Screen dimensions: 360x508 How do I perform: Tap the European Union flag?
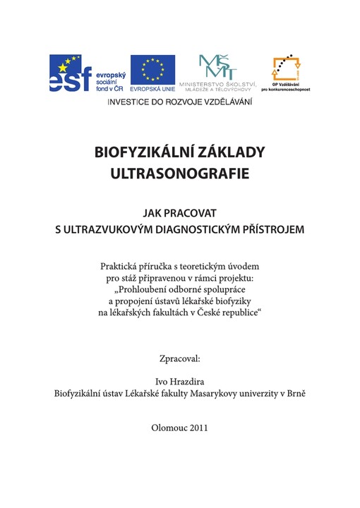coord(152,69)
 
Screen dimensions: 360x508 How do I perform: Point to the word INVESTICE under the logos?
coord(129,102)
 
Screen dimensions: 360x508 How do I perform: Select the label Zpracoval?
coord(180,358)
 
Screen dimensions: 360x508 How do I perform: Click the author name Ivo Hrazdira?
coord(180,382)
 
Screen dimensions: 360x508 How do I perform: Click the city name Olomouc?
coord(168,428)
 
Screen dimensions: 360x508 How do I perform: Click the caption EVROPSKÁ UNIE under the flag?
coord(152,90)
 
